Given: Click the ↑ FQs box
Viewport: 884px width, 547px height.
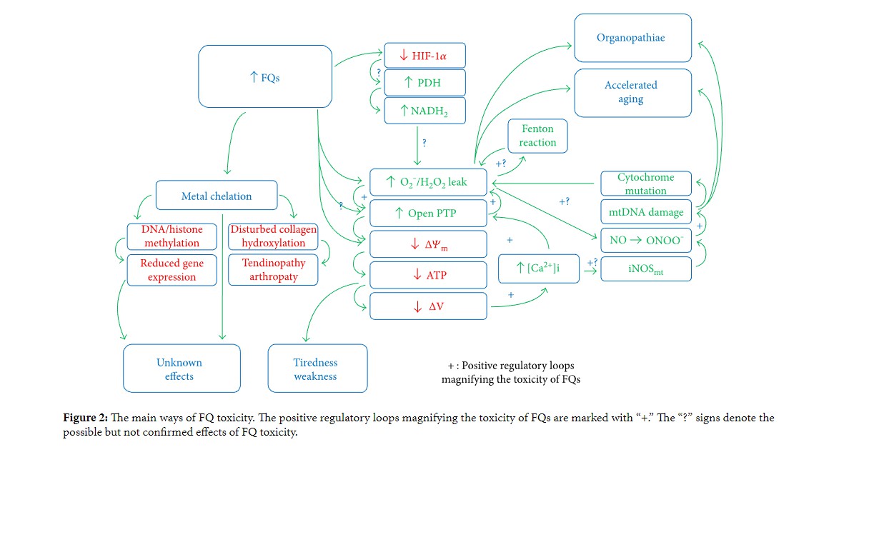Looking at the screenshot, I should (265, 77).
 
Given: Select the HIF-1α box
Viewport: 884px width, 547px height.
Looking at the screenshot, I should (424, 55).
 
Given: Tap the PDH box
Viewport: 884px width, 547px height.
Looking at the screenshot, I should (424, 82).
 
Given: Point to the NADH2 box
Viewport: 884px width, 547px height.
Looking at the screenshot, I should (424, 111).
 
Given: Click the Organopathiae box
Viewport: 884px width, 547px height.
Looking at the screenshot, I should (632, 38).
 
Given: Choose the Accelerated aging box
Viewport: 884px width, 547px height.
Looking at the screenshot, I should (632, 92).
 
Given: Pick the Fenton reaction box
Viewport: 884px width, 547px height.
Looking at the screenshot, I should (537, 136).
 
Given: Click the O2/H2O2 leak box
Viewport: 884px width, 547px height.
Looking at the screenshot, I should (427, 182).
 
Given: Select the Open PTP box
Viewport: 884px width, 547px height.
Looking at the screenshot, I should (427, 214).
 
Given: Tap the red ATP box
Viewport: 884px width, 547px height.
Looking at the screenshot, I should (427, 275).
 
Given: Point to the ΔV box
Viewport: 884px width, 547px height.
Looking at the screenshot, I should (427, 306).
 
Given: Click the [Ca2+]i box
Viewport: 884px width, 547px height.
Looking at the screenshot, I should (538, 268).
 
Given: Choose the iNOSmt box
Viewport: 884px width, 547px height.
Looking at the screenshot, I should (645, 269).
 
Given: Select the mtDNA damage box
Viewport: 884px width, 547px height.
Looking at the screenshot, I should (645, 212).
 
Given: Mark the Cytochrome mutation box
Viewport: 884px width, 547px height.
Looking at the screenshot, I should (645, 184).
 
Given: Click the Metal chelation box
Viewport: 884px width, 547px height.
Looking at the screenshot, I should (217, 196).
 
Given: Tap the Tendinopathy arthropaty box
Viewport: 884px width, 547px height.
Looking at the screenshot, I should (273, 270).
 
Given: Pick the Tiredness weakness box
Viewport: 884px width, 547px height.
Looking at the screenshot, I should (317, 368).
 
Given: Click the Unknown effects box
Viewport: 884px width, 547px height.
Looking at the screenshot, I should (182, 368).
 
